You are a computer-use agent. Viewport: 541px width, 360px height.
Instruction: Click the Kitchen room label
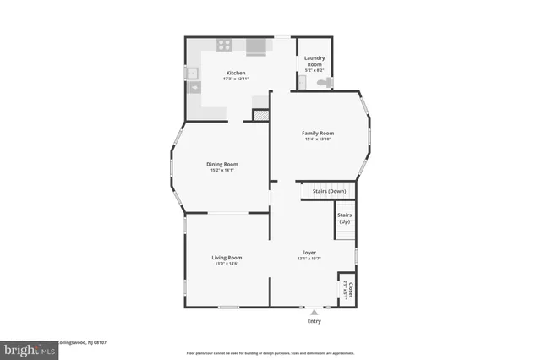coord(235,73)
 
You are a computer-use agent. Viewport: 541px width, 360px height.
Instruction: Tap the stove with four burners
coord(225,45)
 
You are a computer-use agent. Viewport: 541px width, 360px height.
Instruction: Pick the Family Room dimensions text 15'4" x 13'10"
coord(318,139)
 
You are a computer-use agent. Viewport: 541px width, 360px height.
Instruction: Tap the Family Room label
coord(318,133)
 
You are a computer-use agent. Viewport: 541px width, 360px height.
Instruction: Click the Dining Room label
coord(222,164)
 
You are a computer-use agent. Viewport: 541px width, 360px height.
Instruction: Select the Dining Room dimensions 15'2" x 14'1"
coord(222,170)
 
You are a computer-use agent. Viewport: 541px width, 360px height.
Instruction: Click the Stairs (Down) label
coord(329,191)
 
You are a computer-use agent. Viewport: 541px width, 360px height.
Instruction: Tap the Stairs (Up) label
coord(344,218)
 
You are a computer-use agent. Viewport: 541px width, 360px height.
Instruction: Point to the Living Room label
coord(227,257)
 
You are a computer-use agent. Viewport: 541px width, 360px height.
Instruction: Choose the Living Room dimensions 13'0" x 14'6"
coord(227,263)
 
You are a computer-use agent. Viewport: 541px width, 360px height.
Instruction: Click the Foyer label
coord(309,253)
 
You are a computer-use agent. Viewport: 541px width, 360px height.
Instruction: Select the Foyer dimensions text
coord(309,259)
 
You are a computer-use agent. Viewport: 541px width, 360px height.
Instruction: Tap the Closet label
coord(348,290)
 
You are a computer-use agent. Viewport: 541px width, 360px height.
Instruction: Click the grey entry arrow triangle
coord(314,310)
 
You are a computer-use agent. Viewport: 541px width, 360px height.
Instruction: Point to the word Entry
coord(314,321)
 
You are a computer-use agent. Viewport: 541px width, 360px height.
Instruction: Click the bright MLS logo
coord(25,348)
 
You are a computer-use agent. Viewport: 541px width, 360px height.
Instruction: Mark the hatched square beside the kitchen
coord(261,114)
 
